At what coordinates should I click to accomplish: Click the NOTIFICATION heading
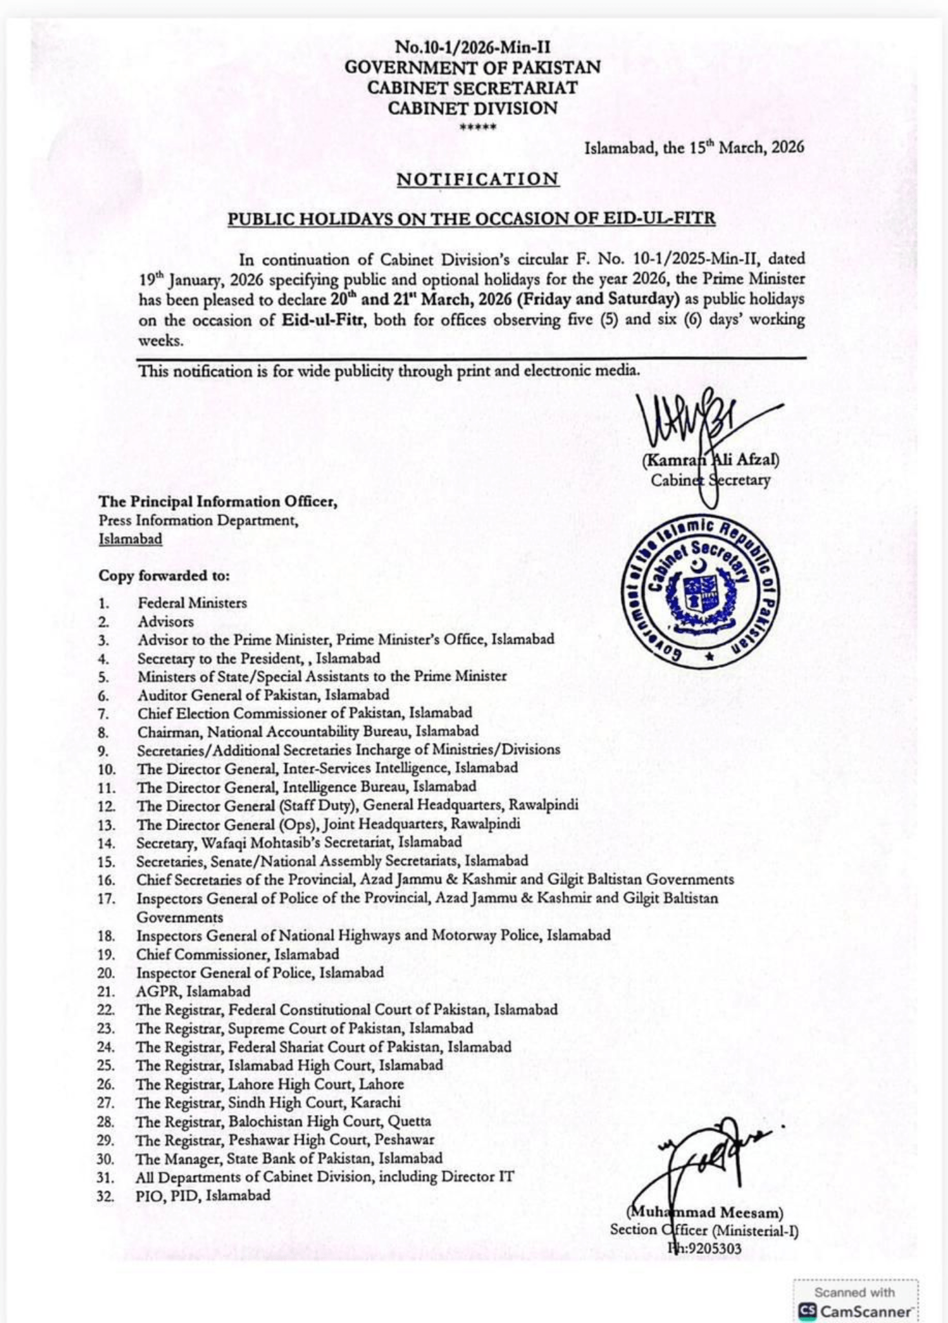477,179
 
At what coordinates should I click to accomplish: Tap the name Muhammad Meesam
706,1213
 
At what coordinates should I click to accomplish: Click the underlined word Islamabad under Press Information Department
130,539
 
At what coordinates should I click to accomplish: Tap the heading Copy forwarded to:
163,576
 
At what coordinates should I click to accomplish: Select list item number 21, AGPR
193,991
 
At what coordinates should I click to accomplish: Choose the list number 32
106,1196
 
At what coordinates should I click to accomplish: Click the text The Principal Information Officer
218,501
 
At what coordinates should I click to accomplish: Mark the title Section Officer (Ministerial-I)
704,1231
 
